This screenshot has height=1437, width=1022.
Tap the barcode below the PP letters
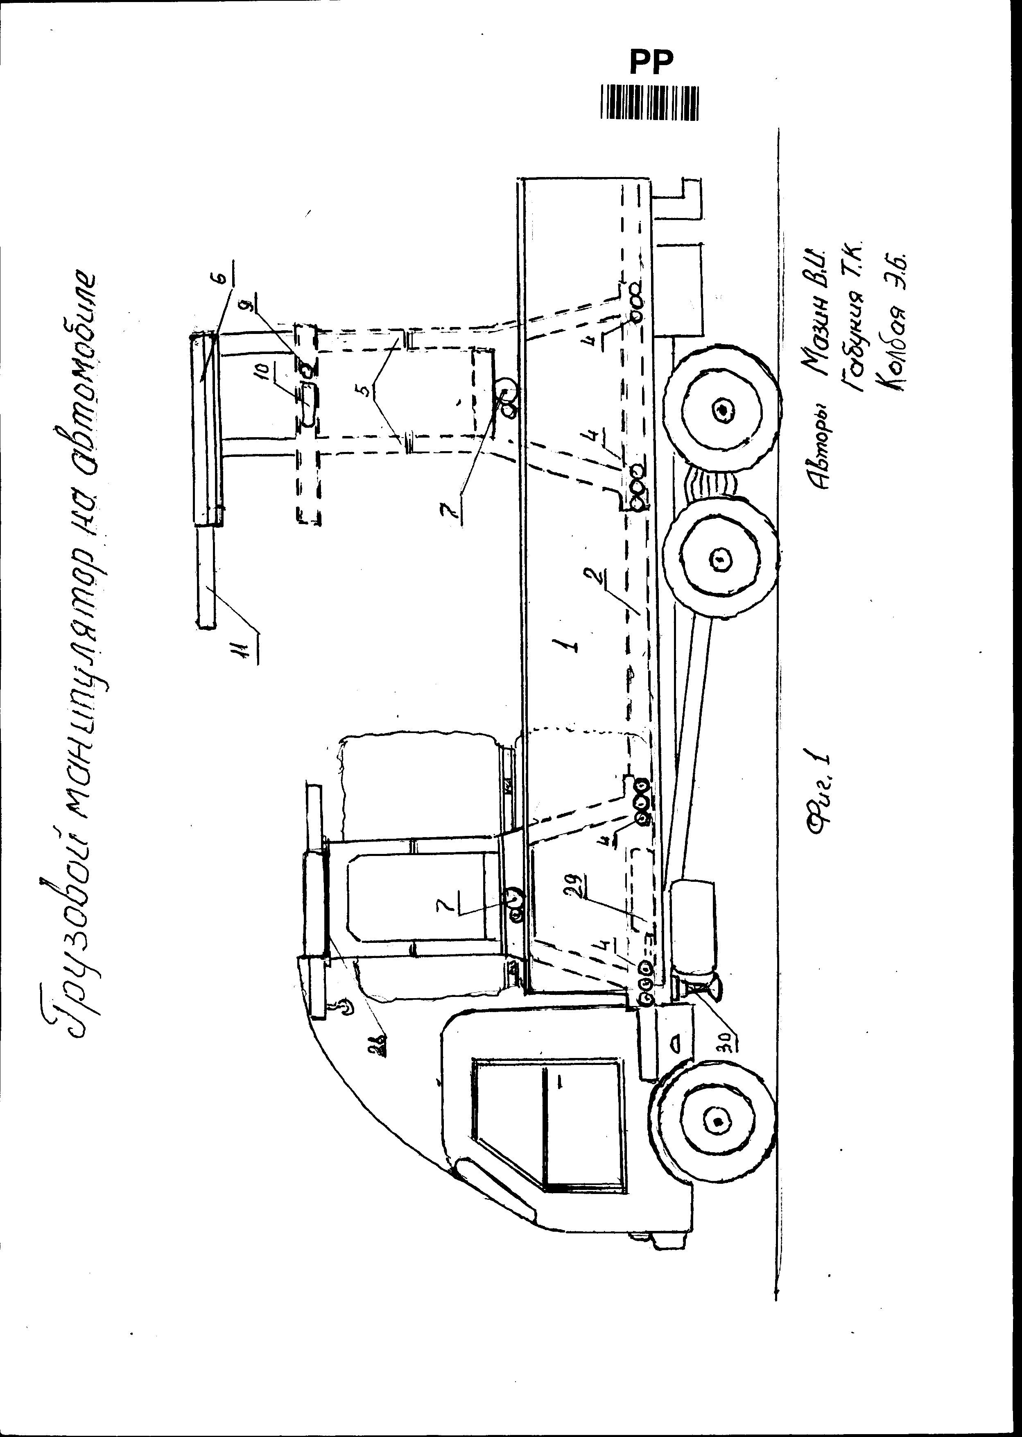(649, 102)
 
